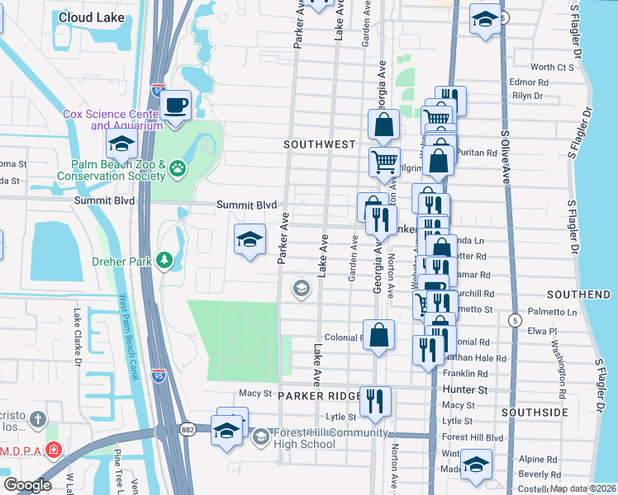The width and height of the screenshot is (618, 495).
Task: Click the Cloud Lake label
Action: (93, 16)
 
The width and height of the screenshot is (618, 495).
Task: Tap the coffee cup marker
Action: (174, 106)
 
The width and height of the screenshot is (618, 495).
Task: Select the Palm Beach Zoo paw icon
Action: (178, 169)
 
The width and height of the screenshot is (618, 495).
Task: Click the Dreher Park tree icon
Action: (165, 261)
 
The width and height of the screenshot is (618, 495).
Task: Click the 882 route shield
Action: (188, 429)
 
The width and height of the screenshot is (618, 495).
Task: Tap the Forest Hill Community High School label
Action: (319, 438)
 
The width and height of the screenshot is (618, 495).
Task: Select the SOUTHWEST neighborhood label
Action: (319, 144)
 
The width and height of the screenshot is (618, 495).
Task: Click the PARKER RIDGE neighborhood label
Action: (321, 396)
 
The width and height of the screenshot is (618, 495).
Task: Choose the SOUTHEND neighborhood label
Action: (578, 295)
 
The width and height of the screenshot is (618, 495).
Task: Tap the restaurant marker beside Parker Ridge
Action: (376, 401)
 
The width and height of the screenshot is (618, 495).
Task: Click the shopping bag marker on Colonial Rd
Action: (378, 335)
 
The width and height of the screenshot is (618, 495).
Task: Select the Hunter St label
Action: (464, 388)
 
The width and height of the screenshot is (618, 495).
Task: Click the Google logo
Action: (27, 485)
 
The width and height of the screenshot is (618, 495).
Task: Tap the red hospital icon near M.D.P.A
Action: (55, 450)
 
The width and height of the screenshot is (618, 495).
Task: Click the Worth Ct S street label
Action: (552, 67)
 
